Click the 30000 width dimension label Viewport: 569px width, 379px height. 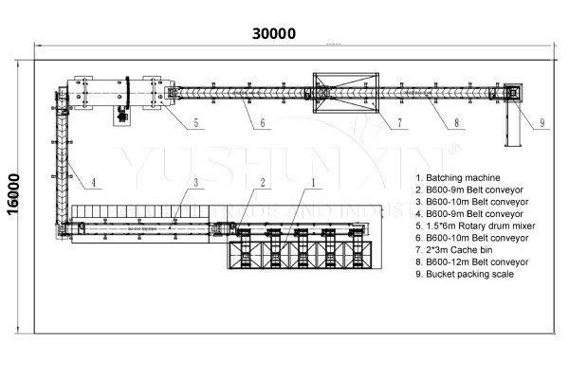tap(274, 33)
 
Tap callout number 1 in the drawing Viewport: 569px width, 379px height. tap(314, 181)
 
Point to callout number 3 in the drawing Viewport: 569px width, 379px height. tap(194, 181)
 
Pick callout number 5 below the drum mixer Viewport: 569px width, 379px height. tap(194, 123)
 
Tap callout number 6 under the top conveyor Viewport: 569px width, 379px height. tap(261, 123)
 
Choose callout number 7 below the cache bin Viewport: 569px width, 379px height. tap(399, 123)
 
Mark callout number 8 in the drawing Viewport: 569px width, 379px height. tap(456, 123)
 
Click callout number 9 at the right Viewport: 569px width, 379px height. tap(541, 123)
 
